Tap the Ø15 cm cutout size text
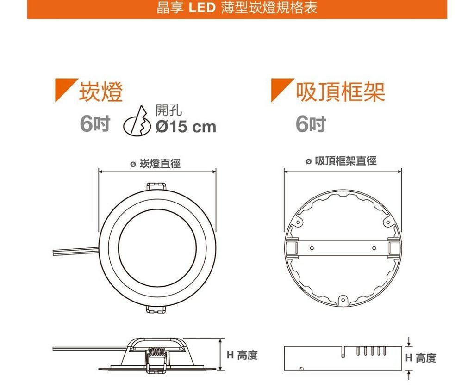(x=186, y=127)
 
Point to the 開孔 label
(x=168, y=110)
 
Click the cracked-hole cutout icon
(x=137, y=121)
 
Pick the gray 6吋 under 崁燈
(x=95, y=124)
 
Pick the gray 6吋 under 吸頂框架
(x=311, y=124)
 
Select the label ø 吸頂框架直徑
(x=341, y=161)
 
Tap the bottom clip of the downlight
(x=156, y=309)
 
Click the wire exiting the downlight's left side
(x=76, y=251)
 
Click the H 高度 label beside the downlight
(x=242, y=355)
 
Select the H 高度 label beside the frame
(x=421, y=358)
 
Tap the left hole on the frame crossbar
(x=312, y=248)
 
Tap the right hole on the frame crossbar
(x=374, y=248)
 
